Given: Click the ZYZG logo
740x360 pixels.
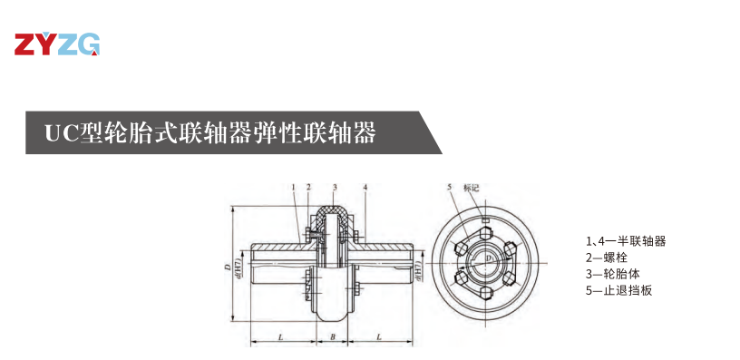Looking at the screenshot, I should [x=56, y=44].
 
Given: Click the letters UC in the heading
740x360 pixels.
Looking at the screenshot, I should [x=62, y=133].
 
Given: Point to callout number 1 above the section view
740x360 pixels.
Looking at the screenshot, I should [x=294, y=187].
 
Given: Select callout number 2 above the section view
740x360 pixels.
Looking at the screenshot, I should [x=309, y=187].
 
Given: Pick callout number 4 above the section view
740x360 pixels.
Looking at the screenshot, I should [x=365, y=187].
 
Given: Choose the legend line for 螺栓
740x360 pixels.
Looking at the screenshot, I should [x=608, y=258].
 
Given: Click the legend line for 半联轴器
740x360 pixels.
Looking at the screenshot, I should [x=626, y=241].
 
